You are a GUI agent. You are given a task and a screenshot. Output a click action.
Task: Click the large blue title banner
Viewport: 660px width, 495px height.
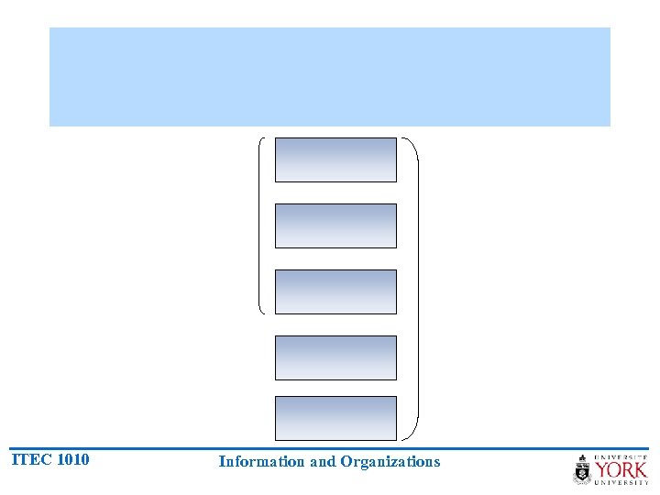pos(330,76)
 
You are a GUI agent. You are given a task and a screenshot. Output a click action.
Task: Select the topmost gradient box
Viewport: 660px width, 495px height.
pos(335,159)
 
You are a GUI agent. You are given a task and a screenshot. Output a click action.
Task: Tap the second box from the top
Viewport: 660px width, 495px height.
pos(335,225)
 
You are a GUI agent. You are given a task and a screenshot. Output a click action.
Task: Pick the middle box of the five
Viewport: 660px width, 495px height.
pos(335,291)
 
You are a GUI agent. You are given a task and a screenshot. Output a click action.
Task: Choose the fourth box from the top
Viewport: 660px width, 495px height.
pos(335,357)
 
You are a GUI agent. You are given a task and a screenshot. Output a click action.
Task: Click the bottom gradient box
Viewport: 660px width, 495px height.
pos(335,418)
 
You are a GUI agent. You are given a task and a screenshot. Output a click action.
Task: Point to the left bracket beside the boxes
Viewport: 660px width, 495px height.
pos(260,225)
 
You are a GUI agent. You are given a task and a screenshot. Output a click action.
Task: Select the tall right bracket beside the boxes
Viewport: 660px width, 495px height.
pos(417,288)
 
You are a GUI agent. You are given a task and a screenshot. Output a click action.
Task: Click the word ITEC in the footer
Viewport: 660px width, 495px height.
pos(31,459)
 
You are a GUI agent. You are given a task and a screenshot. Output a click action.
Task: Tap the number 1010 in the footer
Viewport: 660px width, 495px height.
pos(72,459)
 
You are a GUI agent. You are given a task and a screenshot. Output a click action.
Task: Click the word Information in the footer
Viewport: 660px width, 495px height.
pos(262,462)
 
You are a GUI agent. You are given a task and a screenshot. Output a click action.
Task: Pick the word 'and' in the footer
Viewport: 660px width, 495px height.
pos(323,462)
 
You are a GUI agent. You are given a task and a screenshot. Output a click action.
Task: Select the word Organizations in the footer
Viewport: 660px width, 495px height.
pos(390,462)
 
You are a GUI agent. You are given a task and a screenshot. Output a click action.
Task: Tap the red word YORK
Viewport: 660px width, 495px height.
pos(621,469)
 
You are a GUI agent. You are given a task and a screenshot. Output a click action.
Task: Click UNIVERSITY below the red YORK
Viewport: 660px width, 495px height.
pos(621,483)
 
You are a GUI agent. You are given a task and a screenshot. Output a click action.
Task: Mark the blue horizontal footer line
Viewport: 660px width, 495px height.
pos(330,448)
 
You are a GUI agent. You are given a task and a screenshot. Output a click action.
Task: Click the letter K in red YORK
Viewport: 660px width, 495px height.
pos(639,469)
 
